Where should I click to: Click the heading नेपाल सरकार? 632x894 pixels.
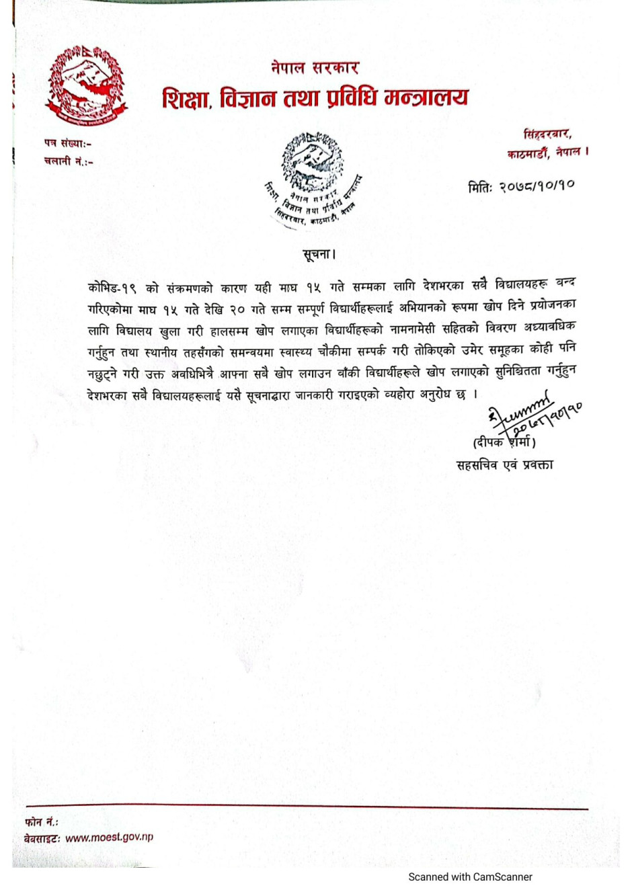(315, 68)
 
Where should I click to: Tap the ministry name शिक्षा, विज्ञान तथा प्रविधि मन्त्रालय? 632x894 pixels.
(315, 99)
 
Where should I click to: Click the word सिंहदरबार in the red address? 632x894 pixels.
(547, 134)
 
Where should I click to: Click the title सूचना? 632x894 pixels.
(318, 255)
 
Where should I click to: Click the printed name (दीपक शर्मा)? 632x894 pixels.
(504, 442)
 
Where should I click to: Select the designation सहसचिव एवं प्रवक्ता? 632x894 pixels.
(504, 464)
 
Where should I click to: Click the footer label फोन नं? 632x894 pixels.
(42, 821)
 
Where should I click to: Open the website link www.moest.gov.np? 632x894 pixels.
(109, 838)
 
